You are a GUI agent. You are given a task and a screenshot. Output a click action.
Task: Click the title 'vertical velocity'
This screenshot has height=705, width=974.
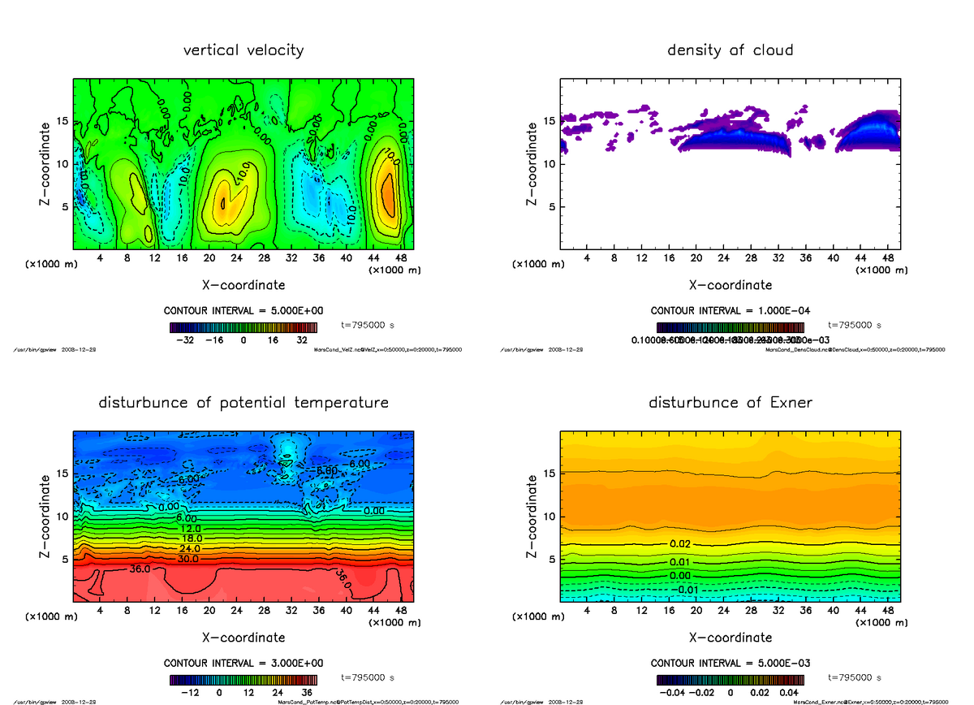pyautogui.click(x=243, y=50)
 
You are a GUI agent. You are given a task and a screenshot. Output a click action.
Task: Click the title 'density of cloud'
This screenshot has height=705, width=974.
pyautogui.click(x=730, y=50)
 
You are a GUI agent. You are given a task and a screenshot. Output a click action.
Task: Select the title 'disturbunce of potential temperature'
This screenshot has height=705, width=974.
pyautogui.click(x=243, y=403)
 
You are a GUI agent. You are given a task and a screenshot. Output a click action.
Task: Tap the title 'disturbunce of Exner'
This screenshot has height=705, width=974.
pyautogui.click(x=730, y=403)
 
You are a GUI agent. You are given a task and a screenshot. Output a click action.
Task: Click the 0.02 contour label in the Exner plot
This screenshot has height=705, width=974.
pyautogui.click(x=680, y=543)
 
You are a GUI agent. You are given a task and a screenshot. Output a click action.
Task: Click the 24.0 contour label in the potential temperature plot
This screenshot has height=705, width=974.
pyautogui.click(x=187, y=549)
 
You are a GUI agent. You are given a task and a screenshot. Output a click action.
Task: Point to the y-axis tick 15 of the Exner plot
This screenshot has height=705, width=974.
pyautogui.click(x=547, y=474)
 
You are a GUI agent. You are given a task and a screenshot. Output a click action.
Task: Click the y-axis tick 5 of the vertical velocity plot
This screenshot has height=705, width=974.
pyautogui.click(x=63, y=206)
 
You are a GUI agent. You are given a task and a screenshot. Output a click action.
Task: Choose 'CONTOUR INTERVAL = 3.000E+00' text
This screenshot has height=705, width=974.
pyautogui.click(x=243, y=663)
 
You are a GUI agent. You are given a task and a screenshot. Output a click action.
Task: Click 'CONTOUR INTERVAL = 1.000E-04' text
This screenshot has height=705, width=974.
pyautogui.click(x=730, y=310)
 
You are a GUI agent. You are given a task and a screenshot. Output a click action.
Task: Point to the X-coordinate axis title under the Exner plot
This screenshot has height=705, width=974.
pyautogui.click(x=730, y=638)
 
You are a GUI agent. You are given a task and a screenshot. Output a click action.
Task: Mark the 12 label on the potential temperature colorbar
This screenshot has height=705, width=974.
pyautogui.click(x=248, y=694)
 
